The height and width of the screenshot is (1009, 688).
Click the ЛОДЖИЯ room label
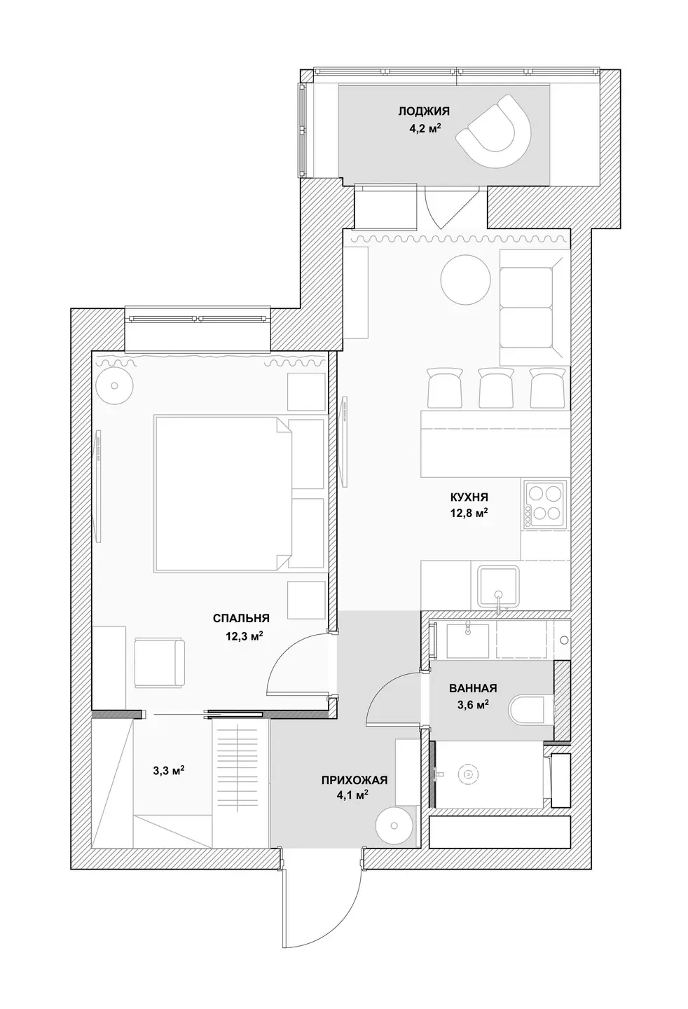coord(424,111)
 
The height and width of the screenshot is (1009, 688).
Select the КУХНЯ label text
coord(469,497)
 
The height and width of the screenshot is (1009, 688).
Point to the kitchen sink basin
coord(498,586)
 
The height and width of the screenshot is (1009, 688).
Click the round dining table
coord(465,279)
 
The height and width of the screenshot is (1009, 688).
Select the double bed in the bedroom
coord(223,494)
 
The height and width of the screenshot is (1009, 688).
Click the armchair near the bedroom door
coord(160,663)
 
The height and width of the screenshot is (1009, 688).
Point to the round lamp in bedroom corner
coord(114,385)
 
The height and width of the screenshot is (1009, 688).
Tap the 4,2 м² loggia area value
coord(424,129)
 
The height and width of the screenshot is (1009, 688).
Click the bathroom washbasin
coord(468,640)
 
